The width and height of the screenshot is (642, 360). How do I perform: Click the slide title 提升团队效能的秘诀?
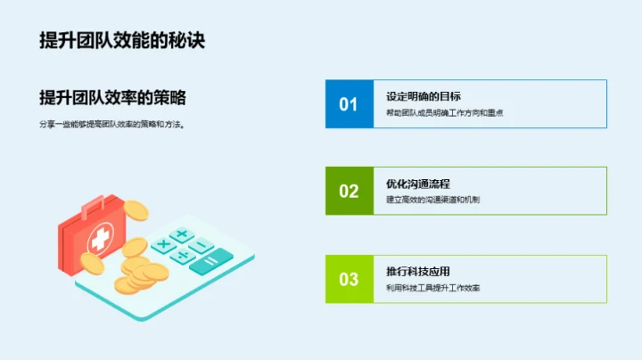coord(122,41)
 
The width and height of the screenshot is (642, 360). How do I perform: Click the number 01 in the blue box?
coord(348,104)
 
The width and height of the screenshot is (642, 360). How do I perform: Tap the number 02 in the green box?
coord(348,191)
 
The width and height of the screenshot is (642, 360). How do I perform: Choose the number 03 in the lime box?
coord(348,279)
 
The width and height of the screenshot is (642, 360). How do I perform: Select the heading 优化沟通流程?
coord(417,184)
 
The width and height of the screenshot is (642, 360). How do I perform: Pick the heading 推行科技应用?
coord(417,271)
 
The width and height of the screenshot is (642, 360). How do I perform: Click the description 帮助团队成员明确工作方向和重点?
coord(446,113)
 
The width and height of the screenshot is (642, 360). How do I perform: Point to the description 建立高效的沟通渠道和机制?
coord(432,200)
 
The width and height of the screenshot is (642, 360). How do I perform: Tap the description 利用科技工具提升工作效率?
coord(432,288)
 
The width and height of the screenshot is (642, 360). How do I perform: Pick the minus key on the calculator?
coord(202,246)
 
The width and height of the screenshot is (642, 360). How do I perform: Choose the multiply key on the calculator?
coord(163,245)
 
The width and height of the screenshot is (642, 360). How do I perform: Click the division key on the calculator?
coord(183,256)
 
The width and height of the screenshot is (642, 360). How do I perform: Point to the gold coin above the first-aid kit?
coord(136,210)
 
